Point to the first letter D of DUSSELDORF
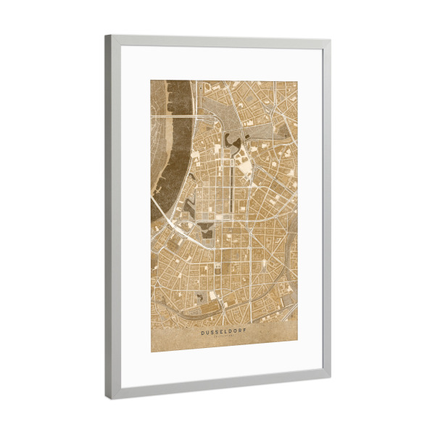203,332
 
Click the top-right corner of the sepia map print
297,81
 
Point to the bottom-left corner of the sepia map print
152,352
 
